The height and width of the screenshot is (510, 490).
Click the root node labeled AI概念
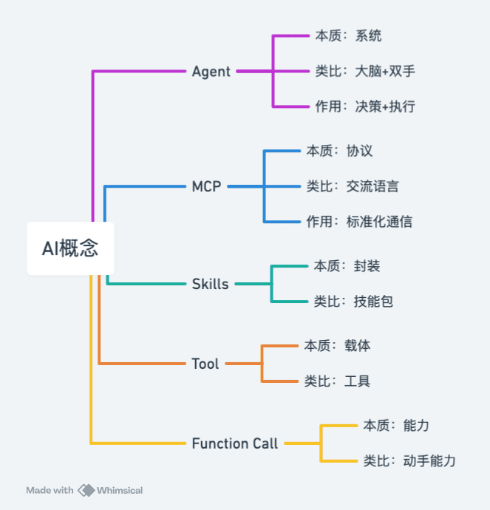pyautogui.click(x=70, y=248)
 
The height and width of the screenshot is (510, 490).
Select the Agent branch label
pyautogui.click(x=211, y=72)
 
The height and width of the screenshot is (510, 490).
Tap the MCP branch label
pyautogui.click(x=206, y=186)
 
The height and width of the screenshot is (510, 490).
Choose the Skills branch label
pyautogui.click(x=210, y=284)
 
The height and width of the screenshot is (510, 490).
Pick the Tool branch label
pyautogui.click(x=205, y=364)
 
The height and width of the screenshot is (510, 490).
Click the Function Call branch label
pyautogui.click(x=235, y=443)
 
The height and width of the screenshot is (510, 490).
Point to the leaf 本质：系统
pyautogui.click(x=347, y=35)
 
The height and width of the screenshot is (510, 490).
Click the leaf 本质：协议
pyautogui.click(x=339, y=151)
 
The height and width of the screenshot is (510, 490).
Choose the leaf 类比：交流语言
pyautogui.click(x=353, y=186)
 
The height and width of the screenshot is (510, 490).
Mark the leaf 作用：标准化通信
pyautogui.click(x=359, y=221)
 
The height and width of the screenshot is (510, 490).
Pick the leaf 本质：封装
pyautogui.click(x=347, y=266)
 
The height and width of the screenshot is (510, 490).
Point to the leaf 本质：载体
pyautogui.click(x=337, y=345)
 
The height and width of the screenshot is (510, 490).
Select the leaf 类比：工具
pyautogui.click(x=337, y=381)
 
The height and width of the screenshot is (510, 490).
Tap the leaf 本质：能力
pyautogui.click(x=396, y=425)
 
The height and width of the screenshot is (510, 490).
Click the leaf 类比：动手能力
pyautogui.click(x=409, y=460)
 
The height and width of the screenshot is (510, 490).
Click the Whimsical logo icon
pyautogui.click(x=86, y=490)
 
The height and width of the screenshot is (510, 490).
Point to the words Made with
pyautogui.click(x=50, y=490)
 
